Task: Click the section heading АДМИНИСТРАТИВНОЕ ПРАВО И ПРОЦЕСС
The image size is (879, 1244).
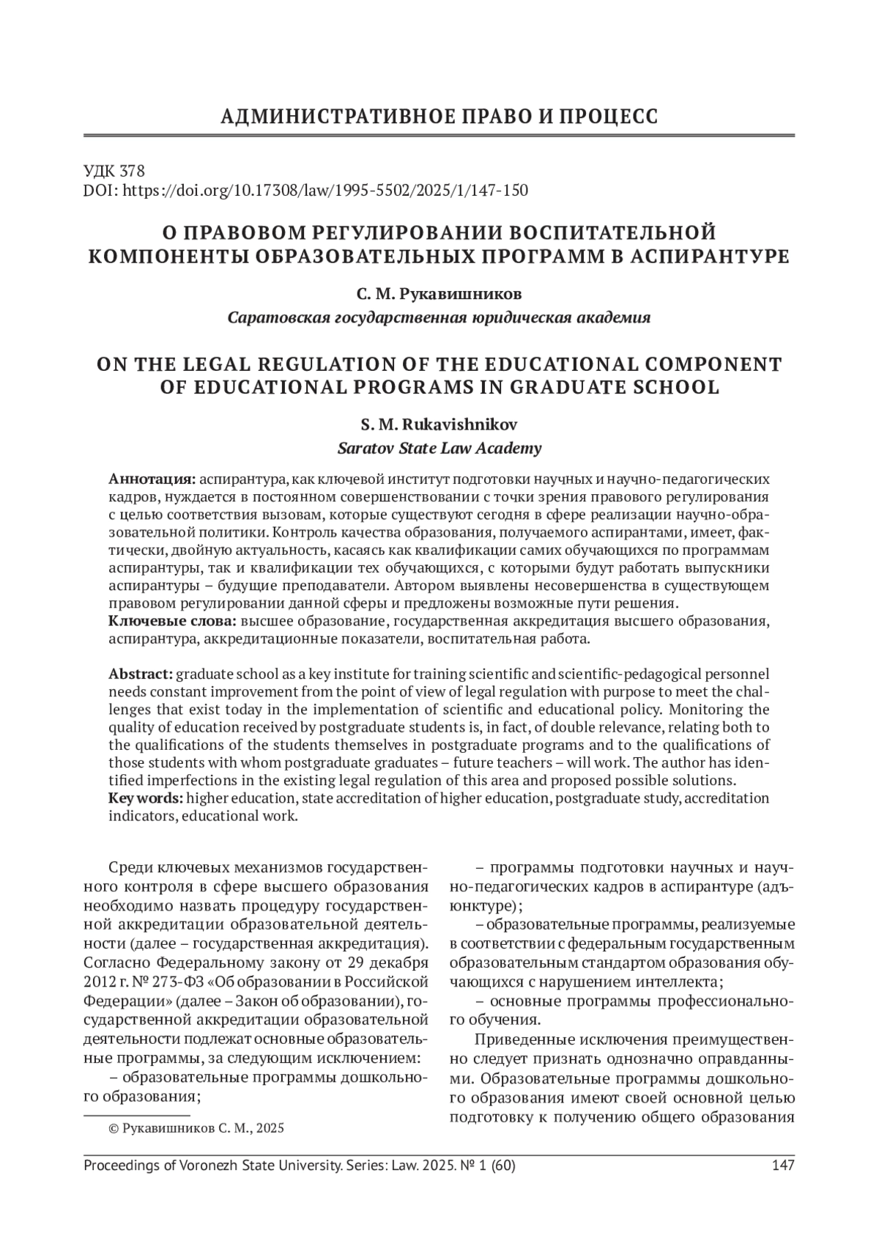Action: tap(439, 117)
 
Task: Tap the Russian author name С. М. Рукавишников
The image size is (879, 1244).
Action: tap(439, 295)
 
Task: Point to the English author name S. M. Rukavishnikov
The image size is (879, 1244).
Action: tap(439, 424)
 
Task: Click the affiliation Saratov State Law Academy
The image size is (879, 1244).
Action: tap(439, 448)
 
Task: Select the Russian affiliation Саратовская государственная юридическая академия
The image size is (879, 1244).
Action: tap(439, 318)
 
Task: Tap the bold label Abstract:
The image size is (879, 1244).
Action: tap(141, 674)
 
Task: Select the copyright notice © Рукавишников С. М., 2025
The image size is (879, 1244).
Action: tap(196, 1128)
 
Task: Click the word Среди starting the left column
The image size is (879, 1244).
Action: tap(130, 868)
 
